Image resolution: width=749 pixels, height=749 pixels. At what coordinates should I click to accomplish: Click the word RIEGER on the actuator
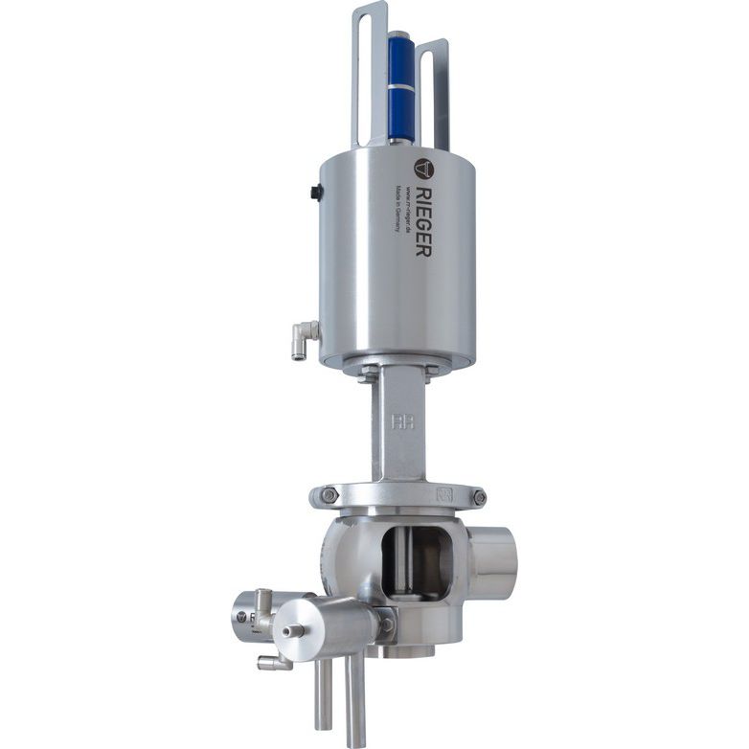(x=423, y=220)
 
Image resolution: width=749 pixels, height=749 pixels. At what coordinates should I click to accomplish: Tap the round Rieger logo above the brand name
(x=423, y=169)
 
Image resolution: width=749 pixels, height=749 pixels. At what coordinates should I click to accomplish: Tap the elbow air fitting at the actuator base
(x=304, y=337)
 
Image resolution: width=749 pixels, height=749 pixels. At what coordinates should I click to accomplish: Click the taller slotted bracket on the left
(x=369, y=67)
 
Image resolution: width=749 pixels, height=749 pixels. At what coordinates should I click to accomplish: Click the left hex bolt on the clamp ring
(x=329, y=495)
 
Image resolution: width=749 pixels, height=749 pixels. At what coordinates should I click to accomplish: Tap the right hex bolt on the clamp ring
(x=478, y=497)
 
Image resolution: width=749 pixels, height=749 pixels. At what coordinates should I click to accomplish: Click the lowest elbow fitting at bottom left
(x=271, y=662)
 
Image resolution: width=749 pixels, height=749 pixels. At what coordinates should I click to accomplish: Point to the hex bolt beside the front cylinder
(x=386, y=624)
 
